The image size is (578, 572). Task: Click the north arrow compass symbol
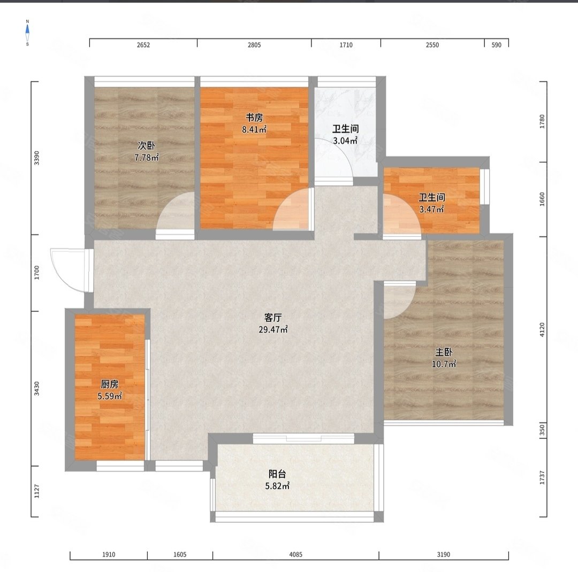[x=27, y=33]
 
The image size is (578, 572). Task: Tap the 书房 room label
[x=254, y=118]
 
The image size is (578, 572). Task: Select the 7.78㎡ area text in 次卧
[x=147, y=158]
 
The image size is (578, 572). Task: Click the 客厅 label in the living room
[x=273, y=317]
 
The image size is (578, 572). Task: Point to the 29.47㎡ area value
[x=273, y=329]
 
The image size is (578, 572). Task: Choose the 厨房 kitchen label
[x=110, y=384]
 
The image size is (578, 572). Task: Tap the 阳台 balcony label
[x=277, y=474]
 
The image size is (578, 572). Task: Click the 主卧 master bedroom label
[x=444, y=352]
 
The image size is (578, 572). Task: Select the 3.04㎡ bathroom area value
[x=345, y=141]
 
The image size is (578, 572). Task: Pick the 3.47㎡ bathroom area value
[x=432, y=209]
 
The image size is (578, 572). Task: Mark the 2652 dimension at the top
[x=143, y=45]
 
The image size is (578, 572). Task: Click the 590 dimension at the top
[x=497, y=45]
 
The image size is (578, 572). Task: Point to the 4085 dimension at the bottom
[x=295, y=554]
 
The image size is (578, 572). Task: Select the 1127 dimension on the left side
[x=36, y=491]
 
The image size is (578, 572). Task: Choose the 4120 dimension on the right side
[x=542, y=330]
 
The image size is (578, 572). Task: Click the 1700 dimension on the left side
[x=36, y=273]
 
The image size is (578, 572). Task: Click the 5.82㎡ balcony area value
[x=277, y=486]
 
